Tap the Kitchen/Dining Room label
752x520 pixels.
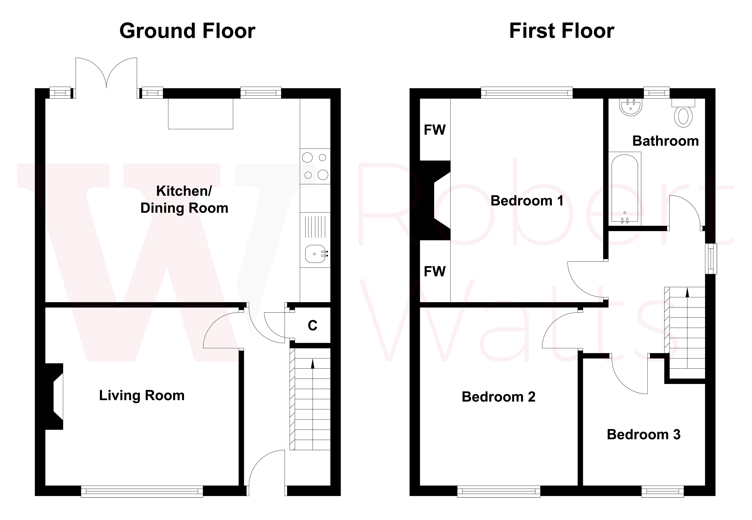pyautogui.click(x=184, y=199)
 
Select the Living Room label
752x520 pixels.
pyautogui.click(x=142, y=396)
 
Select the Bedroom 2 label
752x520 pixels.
pyautogui.click(x=498, y=397)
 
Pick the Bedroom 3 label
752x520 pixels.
pyautogui.click(x=644, y=435)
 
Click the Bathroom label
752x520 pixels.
pyautogui.click(x=665, y=141)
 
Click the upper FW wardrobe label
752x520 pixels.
pyautogui.click(x=435, y=130)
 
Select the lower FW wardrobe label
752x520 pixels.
pyautogui.click(x=435, y=271)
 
